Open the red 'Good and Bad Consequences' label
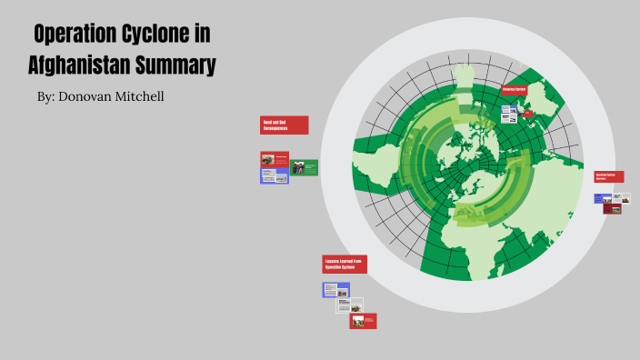(285, 125)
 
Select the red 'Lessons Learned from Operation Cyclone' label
(345, 264)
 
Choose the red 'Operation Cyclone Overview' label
(608, 176)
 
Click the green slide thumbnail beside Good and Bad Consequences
(305, 167)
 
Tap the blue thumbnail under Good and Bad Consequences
(274, 175)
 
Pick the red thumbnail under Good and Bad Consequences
(275, 160)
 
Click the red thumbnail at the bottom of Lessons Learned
(363, 320)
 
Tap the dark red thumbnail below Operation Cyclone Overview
(612, 208)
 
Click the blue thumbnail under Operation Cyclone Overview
(603, 198)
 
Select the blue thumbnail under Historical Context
(509, 112)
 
